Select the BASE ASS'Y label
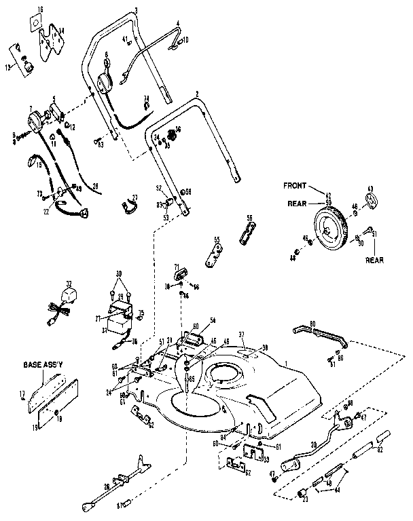coord(45,364)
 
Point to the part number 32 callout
coord(69,284)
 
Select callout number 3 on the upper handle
coord(137,9)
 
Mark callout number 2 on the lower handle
coord(197,93)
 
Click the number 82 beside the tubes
coord(380,448)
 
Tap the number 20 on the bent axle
coord(313,444)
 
